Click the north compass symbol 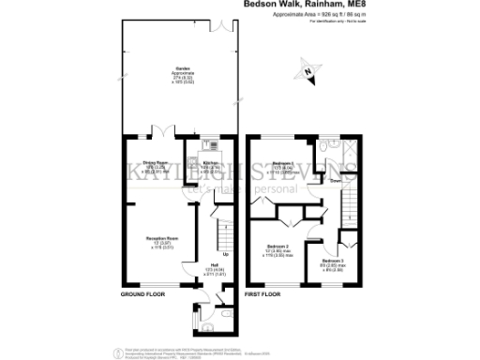[308, 70]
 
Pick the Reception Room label [157, 241]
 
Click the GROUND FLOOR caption [142, 294]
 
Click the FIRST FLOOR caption [263, 294]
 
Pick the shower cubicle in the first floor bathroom [349, 150]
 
